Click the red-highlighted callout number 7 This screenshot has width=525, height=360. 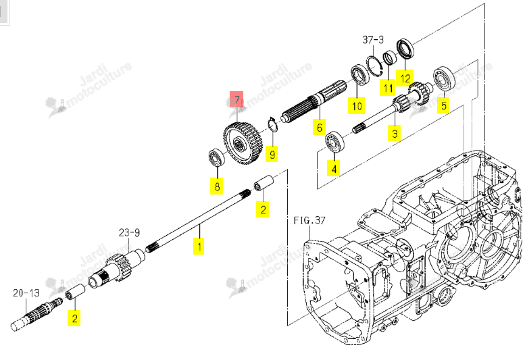click(x=236, y=99)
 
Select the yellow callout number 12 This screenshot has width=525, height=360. click(x=405, y=78)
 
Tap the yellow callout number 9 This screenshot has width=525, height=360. click(x=272, y=154)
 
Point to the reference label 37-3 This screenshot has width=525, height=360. click(x=373, y=40)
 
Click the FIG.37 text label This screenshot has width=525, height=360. click(x=309, y=220)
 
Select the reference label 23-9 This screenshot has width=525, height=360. click(x=129, y=232)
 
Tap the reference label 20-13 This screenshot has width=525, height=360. click(x=26, y=293)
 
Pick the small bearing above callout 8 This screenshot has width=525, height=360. click(x=217, y=157)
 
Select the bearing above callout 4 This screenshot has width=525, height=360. click(x=335, y=142)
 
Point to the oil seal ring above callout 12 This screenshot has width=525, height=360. click(x=405, y=49)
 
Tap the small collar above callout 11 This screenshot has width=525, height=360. click(x=389, y=58)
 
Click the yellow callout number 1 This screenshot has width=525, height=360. click(x=199, y=247)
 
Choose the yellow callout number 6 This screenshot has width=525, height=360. click(x=319, y=127)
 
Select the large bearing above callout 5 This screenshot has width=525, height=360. click(x=445, y=79)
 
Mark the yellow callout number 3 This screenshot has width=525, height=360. click(x=395, y=133)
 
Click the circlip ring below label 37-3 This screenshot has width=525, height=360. click(x=374, y=66)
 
